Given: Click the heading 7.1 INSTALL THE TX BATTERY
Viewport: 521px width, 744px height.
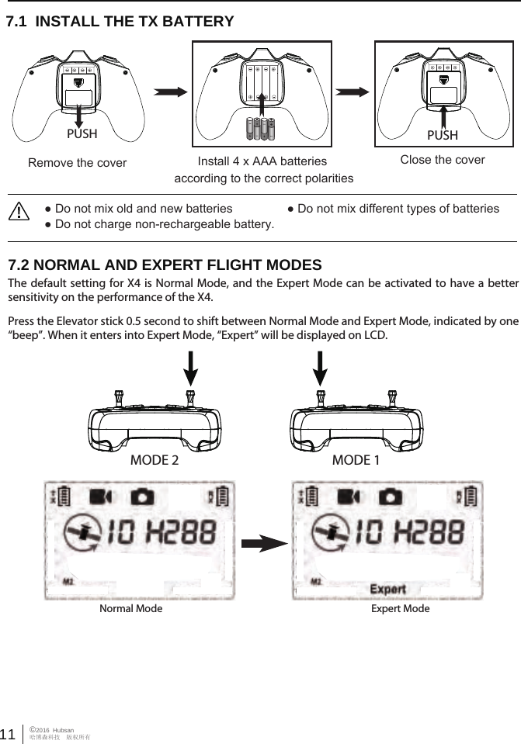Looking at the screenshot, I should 120,22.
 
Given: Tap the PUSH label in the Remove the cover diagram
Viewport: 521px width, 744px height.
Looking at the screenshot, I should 82,133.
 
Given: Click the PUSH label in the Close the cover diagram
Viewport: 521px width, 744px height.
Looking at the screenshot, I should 442,135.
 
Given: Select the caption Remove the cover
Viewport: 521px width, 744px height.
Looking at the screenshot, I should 77,164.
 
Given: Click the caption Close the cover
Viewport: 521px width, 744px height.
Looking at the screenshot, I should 442,160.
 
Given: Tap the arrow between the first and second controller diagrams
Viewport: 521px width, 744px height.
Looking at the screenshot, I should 172,92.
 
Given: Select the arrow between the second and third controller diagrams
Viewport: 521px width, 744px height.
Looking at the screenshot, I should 353,92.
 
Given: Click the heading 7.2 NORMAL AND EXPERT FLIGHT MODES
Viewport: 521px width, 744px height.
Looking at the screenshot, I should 165,265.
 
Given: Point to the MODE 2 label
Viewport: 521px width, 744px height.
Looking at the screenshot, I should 154,460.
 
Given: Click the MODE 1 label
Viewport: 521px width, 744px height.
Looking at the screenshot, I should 356,460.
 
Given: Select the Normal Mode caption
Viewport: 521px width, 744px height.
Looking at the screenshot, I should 131,609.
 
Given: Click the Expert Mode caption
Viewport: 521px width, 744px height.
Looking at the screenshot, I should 400,609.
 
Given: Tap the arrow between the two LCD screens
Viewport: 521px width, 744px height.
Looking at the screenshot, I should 263,542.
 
